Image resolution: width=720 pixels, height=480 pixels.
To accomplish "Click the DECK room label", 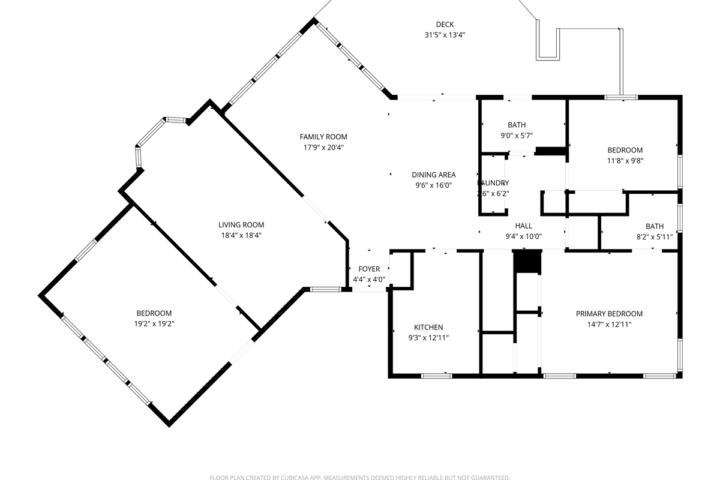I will [x=445, y=24].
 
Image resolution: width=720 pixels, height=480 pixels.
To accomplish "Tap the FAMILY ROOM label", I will [x=323, y=137].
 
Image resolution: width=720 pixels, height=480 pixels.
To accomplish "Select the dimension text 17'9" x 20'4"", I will [x=323, y=148].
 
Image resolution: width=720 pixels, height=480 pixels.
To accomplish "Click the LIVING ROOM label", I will [x=241, y=225].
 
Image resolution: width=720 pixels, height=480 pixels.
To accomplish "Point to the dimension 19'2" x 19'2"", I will [x=154, y=324].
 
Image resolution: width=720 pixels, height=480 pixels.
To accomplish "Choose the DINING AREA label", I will [x=433, y=175].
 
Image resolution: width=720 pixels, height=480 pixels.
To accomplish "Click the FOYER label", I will [x=369, y=269].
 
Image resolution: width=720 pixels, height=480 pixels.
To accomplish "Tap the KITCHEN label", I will [x=428, y=327].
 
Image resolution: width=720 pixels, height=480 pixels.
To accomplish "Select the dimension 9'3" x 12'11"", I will [x=428, y=338].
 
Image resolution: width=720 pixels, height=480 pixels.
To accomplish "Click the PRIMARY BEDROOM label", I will [x=609, y=314].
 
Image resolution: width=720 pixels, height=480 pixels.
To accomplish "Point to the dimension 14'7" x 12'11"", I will [x=609, y=325].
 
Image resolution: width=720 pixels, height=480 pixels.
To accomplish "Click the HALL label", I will [x=523, y=226].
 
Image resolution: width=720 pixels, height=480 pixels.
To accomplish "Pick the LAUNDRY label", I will [x=493, y=183].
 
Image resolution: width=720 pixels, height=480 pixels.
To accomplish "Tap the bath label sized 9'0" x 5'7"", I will [x=517, y=125].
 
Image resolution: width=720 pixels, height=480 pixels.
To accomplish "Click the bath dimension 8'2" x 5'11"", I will [x=655, y=237].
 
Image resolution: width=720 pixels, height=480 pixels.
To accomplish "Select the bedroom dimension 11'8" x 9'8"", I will [x=625, y=161].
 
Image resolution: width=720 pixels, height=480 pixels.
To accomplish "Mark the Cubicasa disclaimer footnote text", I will [x=360, y=478].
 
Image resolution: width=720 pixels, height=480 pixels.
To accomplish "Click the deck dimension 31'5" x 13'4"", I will [x=445, y=35].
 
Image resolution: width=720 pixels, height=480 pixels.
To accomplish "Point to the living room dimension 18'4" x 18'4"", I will [x=241, y=236].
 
